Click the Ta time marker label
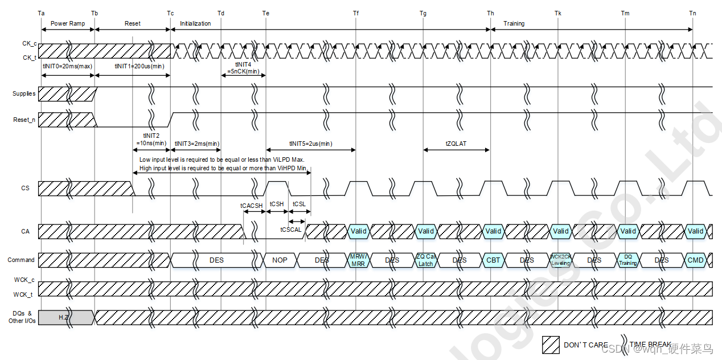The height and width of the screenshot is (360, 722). click(41, 13)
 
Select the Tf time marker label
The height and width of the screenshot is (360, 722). click(356, 13)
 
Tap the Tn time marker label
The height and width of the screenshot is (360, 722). click(692, 13)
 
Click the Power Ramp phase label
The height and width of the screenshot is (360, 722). click(67, 23)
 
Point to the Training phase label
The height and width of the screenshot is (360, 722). click(514, 23)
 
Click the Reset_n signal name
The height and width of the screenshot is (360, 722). click(24, 120)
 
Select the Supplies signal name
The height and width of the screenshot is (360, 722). click(24, 93)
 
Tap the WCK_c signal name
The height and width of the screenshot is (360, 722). click(24, 280)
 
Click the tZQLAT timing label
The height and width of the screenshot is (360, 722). click(456, 144)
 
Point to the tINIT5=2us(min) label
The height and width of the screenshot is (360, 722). click(310, 144)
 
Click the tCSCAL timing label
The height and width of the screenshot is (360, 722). click(290, 229)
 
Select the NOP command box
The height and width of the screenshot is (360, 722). click(280, 260)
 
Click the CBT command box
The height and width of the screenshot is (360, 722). click(493, 260)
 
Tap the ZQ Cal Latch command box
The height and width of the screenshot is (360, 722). click(425, 260)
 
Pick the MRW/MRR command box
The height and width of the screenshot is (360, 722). click(358, 260)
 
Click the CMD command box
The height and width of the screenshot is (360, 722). click(696, 260)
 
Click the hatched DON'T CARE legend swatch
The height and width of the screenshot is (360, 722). click(551, 345)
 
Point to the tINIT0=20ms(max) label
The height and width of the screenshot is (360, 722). click(67, 66)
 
